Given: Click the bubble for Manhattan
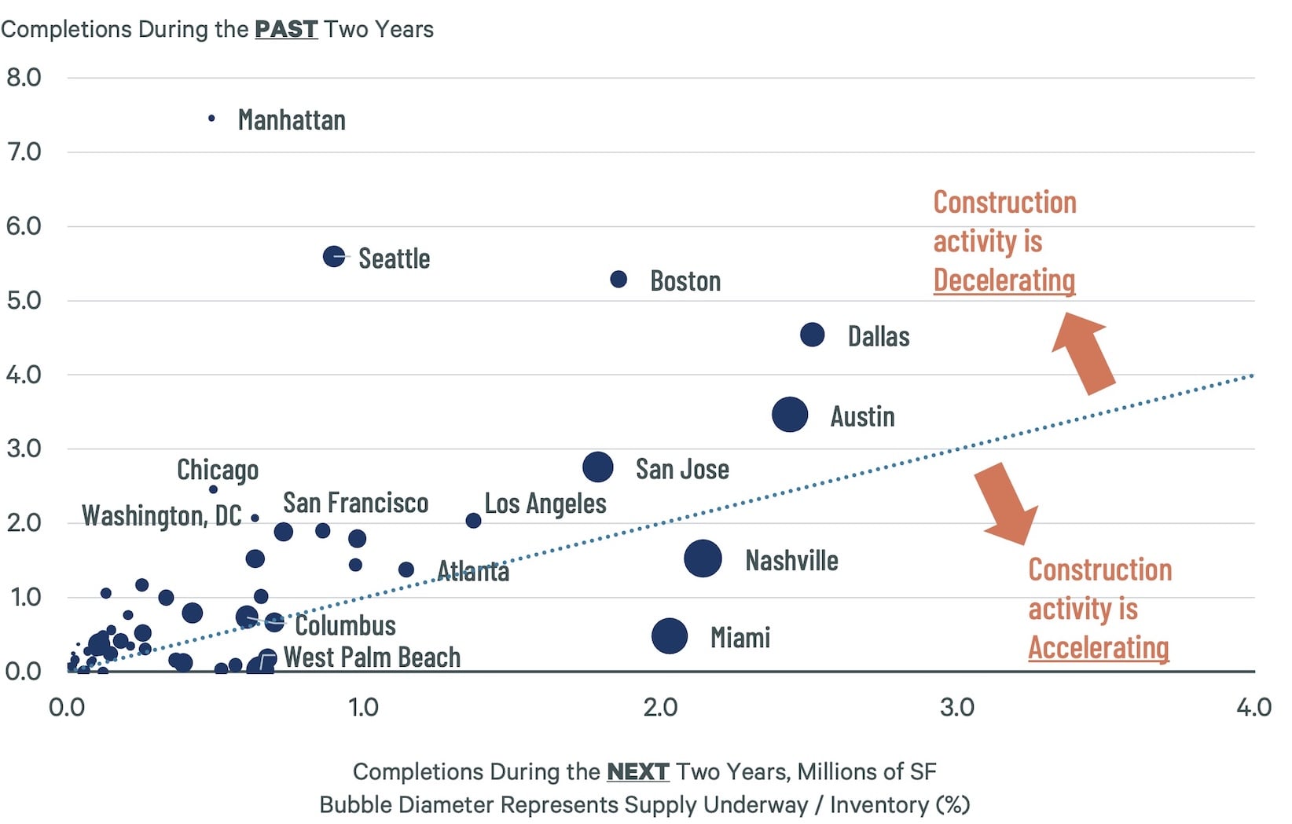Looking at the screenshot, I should [x=211, y=119].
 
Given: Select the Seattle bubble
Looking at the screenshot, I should [x=334, y=256].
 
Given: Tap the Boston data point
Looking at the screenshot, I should [x=618, y=279].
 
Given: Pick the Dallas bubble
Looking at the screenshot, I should [x=812, y=335].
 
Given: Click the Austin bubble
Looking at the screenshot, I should [x=790, y=415].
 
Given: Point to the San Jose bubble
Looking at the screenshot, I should [x=598, y=467].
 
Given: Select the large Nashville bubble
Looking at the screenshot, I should [x=703, y=558].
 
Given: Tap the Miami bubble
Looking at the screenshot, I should [x=670, y=635].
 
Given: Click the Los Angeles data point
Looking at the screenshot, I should [x=473, y=521].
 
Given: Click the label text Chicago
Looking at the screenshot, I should [x=218, y=470].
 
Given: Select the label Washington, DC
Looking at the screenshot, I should [x=162, y=516].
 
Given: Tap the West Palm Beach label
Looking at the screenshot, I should [x=372, y=657].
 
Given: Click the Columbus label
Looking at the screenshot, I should [x=345, y=625].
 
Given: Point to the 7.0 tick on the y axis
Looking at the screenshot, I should [x=24, y=152].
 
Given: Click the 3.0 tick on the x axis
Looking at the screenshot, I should [x=956, y=707].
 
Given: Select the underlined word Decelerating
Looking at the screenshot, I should [x=1004, y=280].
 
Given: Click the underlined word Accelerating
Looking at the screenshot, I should [x=1098, y=648].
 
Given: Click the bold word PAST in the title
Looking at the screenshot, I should [x=285, y=29].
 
